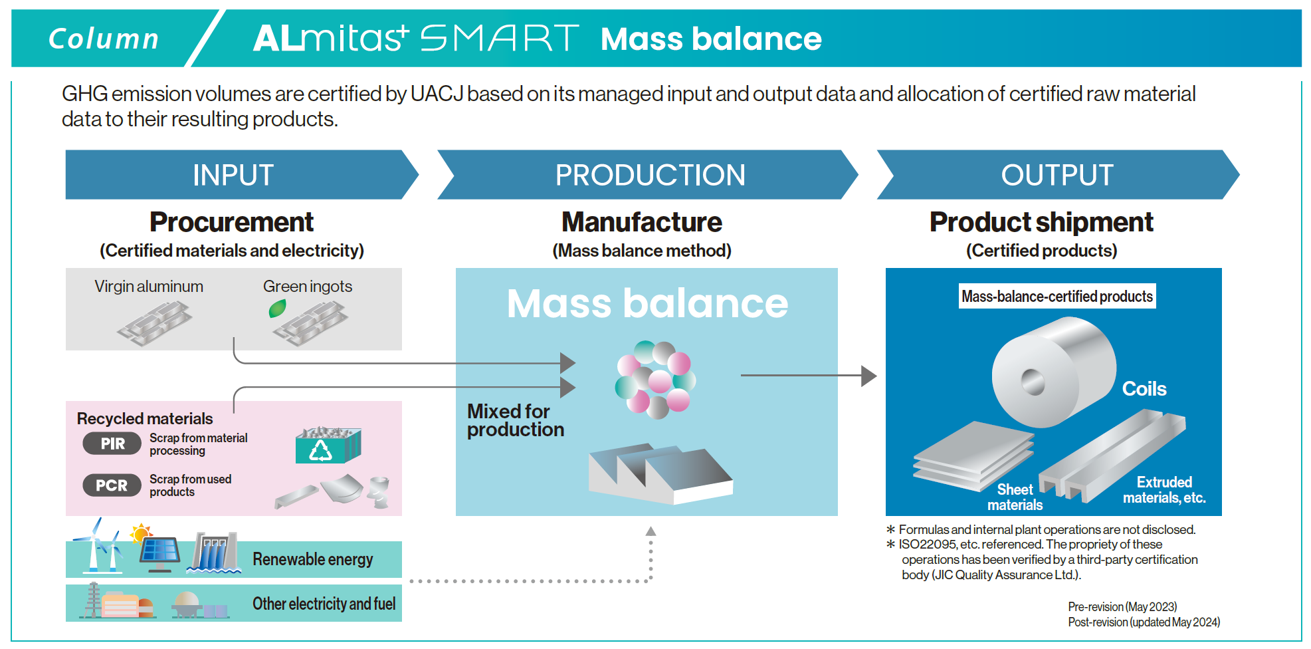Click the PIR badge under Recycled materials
point(112,444)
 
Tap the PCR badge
point(112,485)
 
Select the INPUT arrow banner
point(234,175)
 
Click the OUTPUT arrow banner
point(1057,175)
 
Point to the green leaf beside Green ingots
point(277,308)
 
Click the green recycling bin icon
point(328,446)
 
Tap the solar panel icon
point(159,551)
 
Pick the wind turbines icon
point(98,549)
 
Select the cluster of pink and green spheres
point(655,378)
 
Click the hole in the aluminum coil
point(1033,382)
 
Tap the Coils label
point(1144,389)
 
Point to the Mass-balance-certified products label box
point(1057,297)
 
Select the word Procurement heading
point(231,222)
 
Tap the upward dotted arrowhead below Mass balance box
point(651,531)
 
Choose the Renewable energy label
point(312,559)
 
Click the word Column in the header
point(104,39)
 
